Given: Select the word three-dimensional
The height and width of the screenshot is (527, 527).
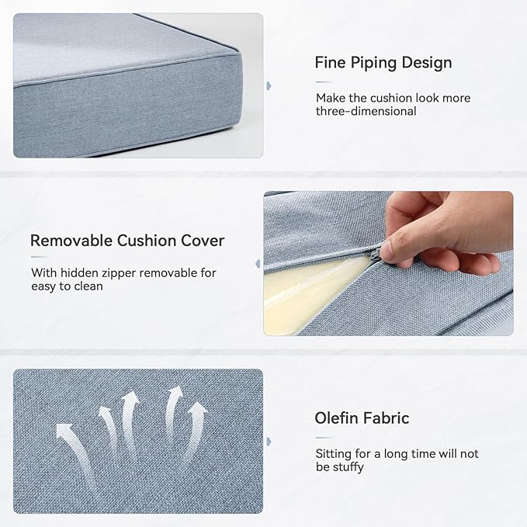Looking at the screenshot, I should tap(366, 111).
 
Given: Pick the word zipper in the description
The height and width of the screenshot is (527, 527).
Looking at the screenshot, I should tap(132, 273).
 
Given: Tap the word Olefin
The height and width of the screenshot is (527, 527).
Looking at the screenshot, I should tap(336, 418).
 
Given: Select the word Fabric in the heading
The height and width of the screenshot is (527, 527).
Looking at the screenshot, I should tap(386, 418).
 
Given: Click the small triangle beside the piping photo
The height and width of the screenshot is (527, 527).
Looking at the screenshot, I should tap(269, 85).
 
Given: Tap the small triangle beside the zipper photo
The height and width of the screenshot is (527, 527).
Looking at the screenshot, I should tap(258, 264).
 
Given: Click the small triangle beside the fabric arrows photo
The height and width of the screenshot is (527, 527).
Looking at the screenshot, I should tap(269, 442).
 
